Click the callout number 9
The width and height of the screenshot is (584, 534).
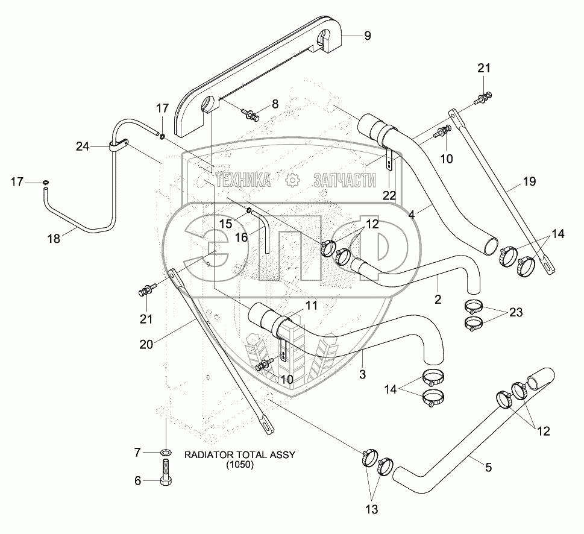tap(367, 36)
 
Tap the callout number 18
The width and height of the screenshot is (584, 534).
tap(54, 238)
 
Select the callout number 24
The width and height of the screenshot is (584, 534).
tap(83, 146)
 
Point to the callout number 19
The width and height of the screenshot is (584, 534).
tap(529, 181)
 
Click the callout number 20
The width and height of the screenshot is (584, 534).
tap(146, 345)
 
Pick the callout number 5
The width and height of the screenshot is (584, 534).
tap(488, 467)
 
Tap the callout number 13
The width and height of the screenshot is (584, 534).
tap(372, 509)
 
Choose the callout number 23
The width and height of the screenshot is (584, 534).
tap(516, 312)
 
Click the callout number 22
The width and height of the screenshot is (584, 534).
tap(389, 195)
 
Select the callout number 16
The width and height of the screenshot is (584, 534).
tap(241, 237)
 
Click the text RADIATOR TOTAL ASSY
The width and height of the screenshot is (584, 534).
tap(240, 454)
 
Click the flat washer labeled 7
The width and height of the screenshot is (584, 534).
tap(166, 453)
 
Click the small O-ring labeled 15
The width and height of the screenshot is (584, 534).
tap(249, 211)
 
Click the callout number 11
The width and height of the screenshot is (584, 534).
tap(312, 306)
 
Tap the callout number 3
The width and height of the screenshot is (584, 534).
tap(362, 374)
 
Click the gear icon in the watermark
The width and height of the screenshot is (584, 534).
tap(292, 180)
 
